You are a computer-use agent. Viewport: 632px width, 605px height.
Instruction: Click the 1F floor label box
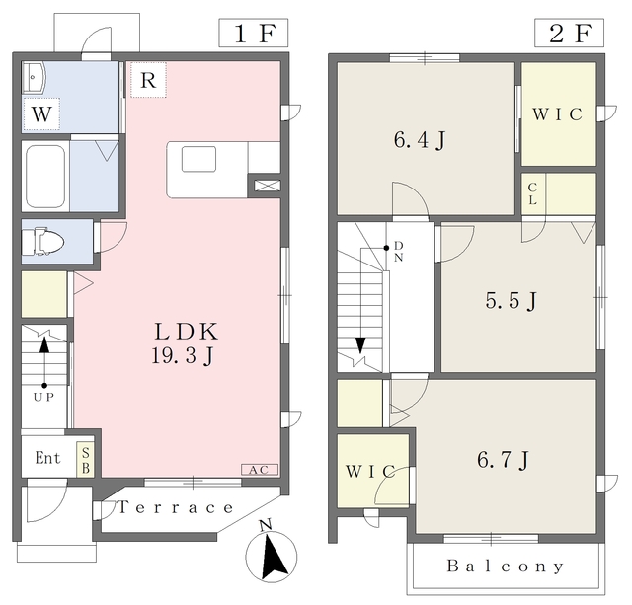(x=254, y=33)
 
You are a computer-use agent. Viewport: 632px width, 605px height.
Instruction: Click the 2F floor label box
(x=569, y=33)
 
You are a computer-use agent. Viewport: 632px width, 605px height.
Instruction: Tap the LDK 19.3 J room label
(x=186, y=343)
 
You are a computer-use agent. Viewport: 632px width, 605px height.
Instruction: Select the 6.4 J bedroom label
(x=420, y=140)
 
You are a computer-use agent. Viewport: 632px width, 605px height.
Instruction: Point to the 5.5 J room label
(x=512, y=300)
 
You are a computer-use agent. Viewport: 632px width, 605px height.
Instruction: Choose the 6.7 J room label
(x=503, y=460)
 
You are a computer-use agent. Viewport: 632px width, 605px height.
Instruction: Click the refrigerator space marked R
(x=148, y=80)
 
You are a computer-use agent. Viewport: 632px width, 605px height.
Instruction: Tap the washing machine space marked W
(x=41, y=113)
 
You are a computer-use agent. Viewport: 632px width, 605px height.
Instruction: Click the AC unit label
(x=259, y=470)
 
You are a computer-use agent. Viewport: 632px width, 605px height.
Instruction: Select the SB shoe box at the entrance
(x=86, y=460)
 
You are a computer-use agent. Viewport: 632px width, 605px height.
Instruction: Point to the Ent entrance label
(x=47, y=458)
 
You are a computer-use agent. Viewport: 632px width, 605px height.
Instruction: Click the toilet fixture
(x=42, y=242)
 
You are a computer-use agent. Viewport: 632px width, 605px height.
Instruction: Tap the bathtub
(x=46, y=177)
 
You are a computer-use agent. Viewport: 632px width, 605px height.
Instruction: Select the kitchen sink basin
(x=198, y=160)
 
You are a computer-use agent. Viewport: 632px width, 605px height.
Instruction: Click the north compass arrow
(x=272, y=556)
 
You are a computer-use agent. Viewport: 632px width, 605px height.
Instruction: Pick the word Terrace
(x=176, y=507)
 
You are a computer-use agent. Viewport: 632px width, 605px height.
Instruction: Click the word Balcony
(x=505, y=567)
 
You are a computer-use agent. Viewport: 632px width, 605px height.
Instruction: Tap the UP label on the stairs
(x=43, y=397)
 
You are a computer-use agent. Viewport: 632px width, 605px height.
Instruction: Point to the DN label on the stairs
(x=398, y=252)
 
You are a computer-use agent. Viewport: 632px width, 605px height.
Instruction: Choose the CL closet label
(x=532, y=194)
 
